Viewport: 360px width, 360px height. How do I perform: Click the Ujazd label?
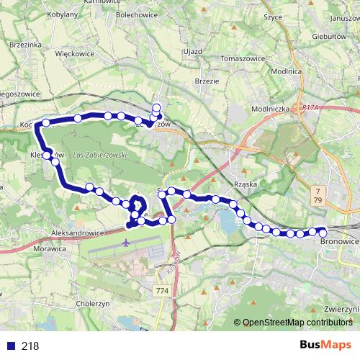192,53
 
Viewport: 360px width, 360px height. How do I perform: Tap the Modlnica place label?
287,72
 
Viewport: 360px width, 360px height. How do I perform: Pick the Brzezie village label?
207,81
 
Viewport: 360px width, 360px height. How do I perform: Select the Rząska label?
246,184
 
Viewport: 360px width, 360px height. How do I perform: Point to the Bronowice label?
338,243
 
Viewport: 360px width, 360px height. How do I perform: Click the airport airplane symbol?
127,243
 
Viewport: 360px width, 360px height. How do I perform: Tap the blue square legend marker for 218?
11,346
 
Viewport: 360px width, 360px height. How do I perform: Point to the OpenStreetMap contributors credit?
297,323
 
